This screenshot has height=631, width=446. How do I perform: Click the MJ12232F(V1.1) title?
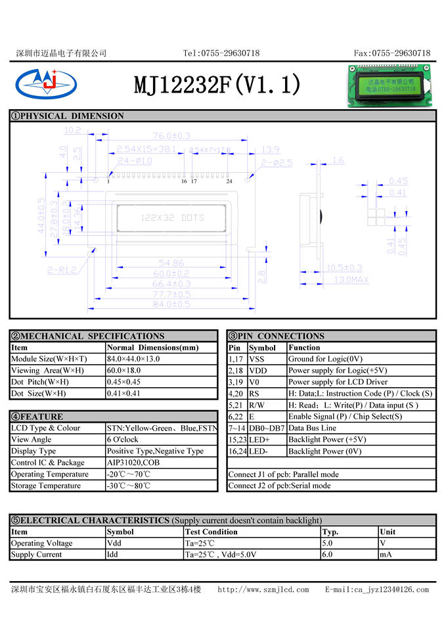click(x=217, y=84)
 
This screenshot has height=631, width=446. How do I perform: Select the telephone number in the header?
click(x=221, y=53)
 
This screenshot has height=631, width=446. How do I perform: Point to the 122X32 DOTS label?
click(x=173, y=218)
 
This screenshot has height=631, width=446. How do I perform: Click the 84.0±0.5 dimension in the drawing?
click(x=171, y=304)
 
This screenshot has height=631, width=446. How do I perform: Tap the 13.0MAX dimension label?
click(x=352, y=280)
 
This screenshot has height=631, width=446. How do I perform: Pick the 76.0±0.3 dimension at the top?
click(x=171, y=136)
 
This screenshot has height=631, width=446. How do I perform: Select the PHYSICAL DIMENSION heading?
click(x=68, y=116)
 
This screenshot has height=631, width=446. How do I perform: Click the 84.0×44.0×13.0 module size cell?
click(x=133, y=359)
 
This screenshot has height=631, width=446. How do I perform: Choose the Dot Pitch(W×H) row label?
click(x=40, y=382)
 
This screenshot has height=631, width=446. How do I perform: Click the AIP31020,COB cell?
click(x=133, y=463)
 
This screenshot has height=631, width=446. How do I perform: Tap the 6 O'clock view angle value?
click(x=123, y=440)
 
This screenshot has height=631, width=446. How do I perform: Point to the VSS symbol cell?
click(x=258, y=359)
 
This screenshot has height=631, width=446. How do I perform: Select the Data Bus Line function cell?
click(x=312, y=428)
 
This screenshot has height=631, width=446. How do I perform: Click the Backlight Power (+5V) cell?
click(x=327, y=440)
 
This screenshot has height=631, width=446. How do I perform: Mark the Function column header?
click(x=304, y=348)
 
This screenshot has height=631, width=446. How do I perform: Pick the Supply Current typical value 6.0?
click(x=328, y=555)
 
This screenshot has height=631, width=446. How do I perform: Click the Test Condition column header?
click(x=212, y=532)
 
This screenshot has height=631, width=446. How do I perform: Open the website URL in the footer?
click(x=263, y=590)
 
